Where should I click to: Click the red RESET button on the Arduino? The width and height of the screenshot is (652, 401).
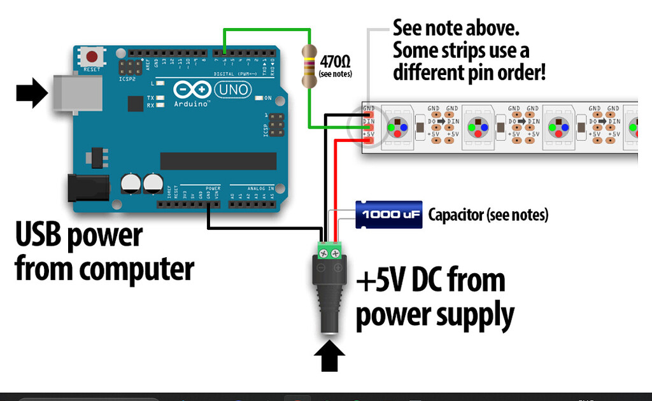pos(93,56)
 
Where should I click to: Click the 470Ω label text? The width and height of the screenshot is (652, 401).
pos(335,62)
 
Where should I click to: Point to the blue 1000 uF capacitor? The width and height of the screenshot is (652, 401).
pos(388,215)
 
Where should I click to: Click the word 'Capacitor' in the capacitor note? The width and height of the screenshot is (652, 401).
pos(455,215)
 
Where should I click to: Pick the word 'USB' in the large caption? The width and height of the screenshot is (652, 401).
pos(43,235)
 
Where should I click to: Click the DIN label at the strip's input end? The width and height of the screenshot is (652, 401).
pos(369,121)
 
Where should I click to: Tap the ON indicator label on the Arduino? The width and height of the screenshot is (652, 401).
pos(268,98)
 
